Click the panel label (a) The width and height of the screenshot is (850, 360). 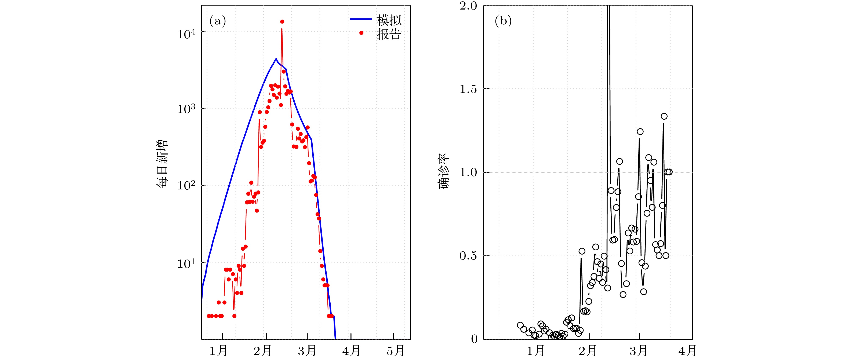217,21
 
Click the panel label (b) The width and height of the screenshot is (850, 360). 503,21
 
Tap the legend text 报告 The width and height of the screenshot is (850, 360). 389,34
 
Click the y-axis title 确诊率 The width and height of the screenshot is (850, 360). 444,172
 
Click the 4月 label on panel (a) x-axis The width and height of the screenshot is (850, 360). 351,351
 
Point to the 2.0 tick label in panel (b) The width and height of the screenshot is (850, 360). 469,6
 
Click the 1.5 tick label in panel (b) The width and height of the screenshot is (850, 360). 469,89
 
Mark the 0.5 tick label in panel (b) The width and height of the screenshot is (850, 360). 469,256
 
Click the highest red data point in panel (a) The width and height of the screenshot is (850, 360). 282,22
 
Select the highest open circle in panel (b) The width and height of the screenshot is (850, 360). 664,116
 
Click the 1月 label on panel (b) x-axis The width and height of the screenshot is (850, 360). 535,351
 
